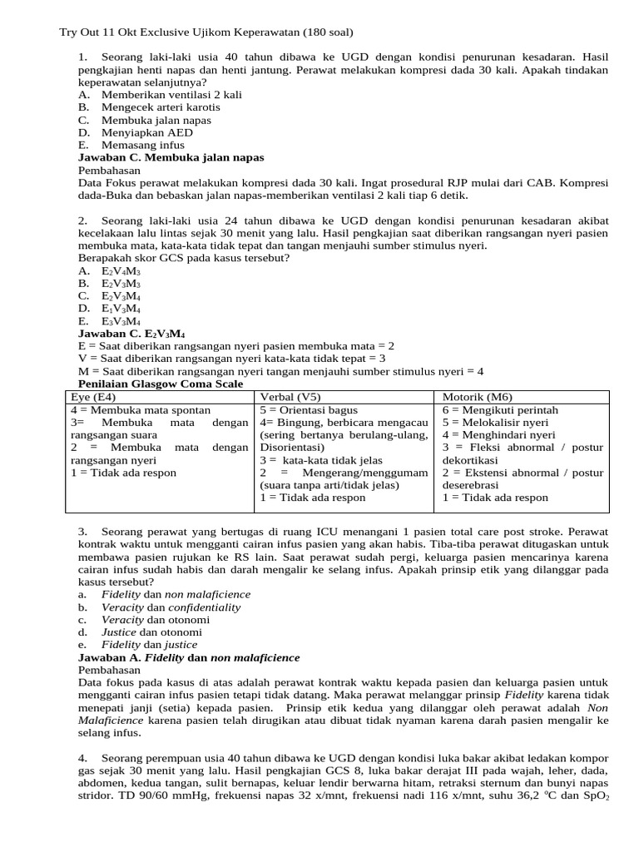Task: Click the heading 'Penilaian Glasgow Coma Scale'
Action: tap(161, 384)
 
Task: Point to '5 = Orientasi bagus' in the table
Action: tap(309, 410)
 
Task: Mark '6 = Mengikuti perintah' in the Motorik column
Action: tap(500, 410)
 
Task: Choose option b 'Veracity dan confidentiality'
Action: tap(171, 607)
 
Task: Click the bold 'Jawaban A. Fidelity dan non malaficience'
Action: tap(189, 657)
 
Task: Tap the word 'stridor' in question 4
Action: tap(97, 795)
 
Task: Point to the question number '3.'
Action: tap(83, 531)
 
